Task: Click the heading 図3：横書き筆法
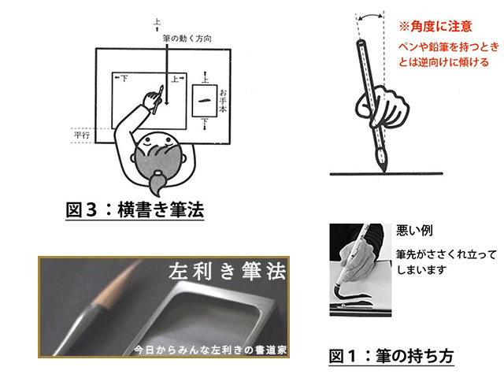pyautogui.click(x=135, y=209)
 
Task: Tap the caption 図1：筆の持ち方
pyautogui.click(x=391, y=356)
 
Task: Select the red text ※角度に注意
pyautogui.click(x=435, y=26)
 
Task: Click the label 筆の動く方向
pyautogui.click(x=187, y=39)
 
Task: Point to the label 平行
pyautogui.click(x=82, y=135)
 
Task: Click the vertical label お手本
pyautogui.click(x=223, y=101)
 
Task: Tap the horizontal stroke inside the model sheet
pyautogui.click(x=205, y=101)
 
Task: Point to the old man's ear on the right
pyautogui.click(x=183, y=158)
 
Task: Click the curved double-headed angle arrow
pyautogui.click(x=370, y=15)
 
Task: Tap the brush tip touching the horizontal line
pyautogui.click(x=384, y=169)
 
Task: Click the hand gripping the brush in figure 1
pyautogui.click(x=382, y=107)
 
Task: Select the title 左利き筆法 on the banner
pyautogui.click(x=227, y=271)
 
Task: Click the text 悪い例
pyautogui.click(x=414, y=230)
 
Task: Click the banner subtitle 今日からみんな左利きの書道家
pyautogui.click(x=210, y=350)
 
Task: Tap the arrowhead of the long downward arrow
pyautogui.click(x=166, y=102)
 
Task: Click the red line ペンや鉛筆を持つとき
pyautogui.click(x=449, y=47)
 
